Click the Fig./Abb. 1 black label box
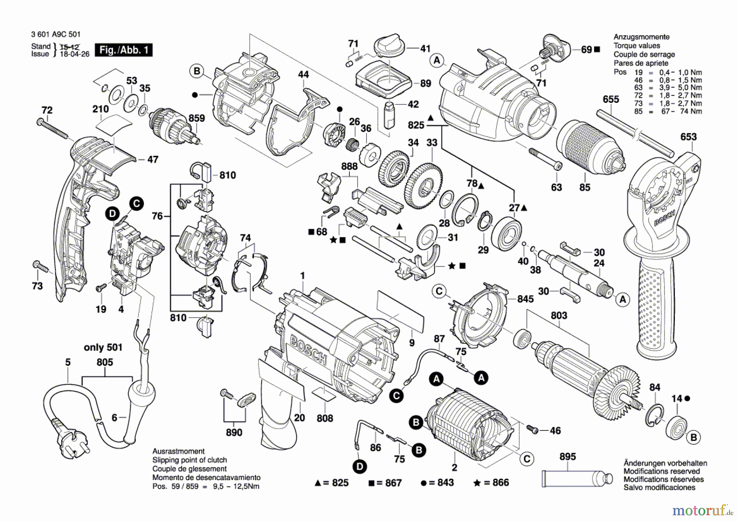tap(123, 50)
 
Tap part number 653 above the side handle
tap(688, 137)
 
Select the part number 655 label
tap(611, 99)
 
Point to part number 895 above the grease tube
tap(567, 457)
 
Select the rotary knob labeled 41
tap(389, 45)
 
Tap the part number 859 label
tap(196, 118)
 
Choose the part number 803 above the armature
tap(559, 315)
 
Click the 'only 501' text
tap(103, 347)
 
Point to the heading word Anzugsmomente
tap(641, 37)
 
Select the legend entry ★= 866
tap(491, 483)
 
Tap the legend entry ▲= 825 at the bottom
tap(332, 483)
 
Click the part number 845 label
tap(525, 299)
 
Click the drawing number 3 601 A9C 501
tap(56, 35)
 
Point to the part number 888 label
tap(349, 166)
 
